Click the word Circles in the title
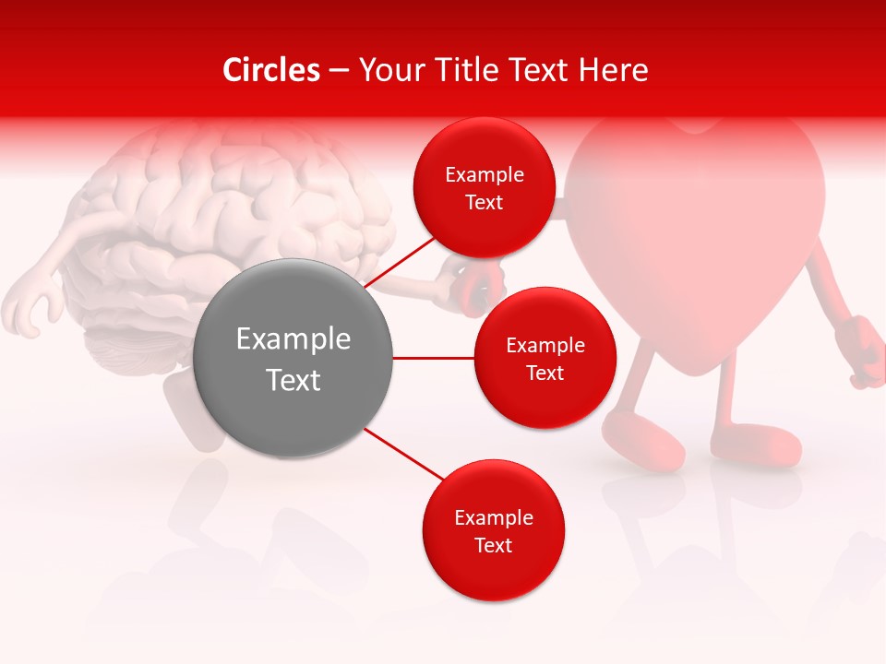pos(270,70)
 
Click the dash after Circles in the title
pos(339,71)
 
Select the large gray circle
pos(293,358)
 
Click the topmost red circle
pos(484,187)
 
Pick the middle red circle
pos(545,358)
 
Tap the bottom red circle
pos(493,530)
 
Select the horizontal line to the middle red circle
pos(433,358)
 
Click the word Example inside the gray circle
pos(293,339)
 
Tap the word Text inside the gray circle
pos(293,380)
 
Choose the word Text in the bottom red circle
pos(493,546)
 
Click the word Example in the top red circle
pos(484,175)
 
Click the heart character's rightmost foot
pos(757,444)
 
